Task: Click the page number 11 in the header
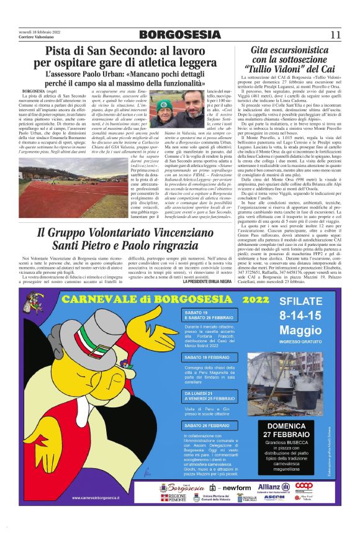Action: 335,34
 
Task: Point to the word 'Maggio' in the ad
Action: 297,328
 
